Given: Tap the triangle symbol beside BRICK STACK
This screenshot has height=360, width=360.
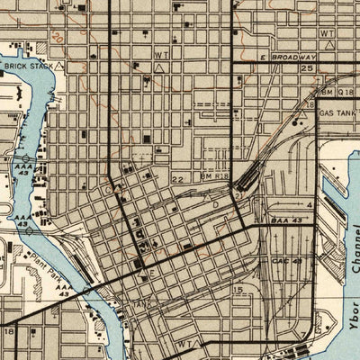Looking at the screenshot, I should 60,66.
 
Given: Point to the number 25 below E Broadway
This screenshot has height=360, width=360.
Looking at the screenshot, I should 306,68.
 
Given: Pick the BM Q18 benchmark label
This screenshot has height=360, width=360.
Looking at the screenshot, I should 337,92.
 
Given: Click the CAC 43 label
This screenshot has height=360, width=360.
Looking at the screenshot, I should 284,260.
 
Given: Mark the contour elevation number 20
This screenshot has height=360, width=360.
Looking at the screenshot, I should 58,40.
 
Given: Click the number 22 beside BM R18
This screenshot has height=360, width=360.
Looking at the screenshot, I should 177,180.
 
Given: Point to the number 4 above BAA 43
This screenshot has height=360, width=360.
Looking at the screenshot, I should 309,205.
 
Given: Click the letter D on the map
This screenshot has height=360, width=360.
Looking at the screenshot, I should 215,205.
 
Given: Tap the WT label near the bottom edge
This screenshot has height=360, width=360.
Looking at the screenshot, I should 185,343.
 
